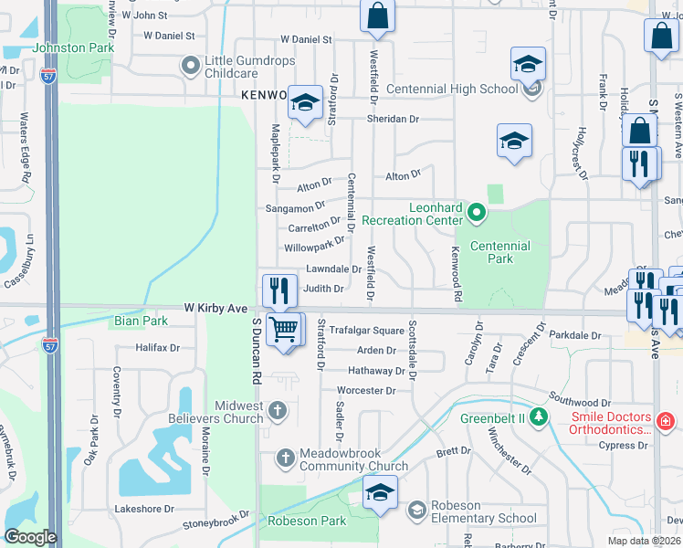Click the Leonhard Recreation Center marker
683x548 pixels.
(x=476, y=214)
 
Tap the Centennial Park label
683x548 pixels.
(x=499, y=252)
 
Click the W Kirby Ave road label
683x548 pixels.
(x=215, y=309)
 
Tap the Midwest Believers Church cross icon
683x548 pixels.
(x=278, y=412)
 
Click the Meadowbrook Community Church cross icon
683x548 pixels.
(x=286, y=457)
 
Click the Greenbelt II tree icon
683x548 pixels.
(x=539, y=417)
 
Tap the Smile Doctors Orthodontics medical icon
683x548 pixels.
(x=666, y=421)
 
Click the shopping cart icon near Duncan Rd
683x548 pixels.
(x=284, y=329)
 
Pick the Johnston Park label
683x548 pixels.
(x=72, y=47)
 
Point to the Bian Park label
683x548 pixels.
(x=142, y=321)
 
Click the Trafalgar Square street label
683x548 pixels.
(x=366, y=330)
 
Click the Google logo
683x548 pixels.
(x=29, y=537)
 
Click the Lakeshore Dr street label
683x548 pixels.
(x=143, y=509)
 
